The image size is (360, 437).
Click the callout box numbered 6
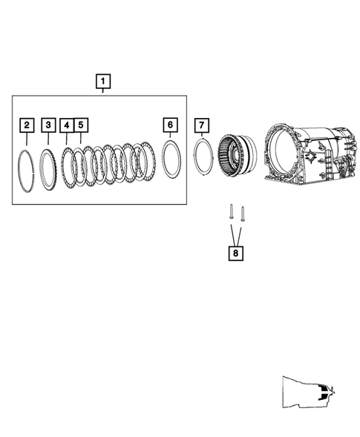(170, 124)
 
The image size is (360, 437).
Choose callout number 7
(203, 124)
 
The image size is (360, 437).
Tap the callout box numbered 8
(236, 254)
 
